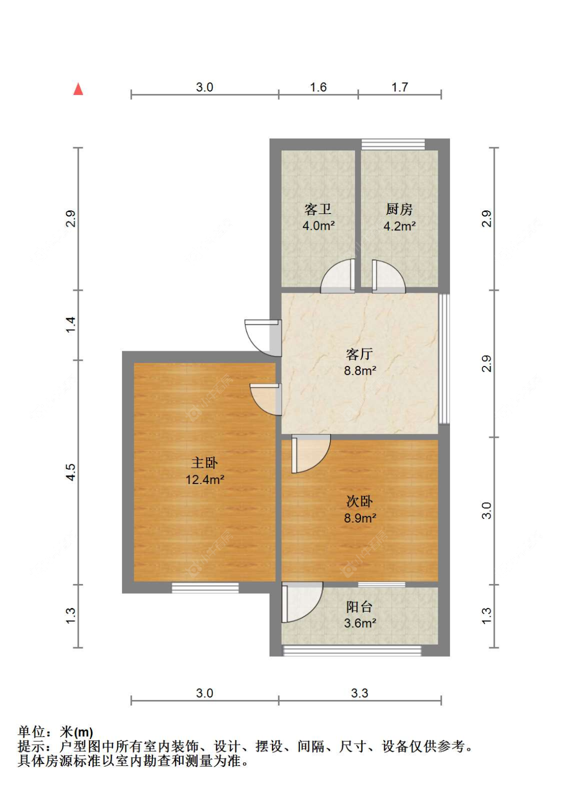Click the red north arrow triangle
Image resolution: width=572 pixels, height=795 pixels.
pos(78,89)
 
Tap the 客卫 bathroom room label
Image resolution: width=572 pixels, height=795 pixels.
pos(318,209)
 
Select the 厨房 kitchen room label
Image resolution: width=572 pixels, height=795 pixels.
pos(399,209)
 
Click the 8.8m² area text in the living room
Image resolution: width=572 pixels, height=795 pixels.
pos(359,371)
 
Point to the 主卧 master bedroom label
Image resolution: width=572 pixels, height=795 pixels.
pos(204,463)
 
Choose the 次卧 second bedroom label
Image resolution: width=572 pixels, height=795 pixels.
pos(359,502)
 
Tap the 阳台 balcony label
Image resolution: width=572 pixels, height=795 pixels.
pos(359,607)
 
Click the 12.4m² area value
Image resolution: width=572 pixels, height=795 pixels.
pos(205,480)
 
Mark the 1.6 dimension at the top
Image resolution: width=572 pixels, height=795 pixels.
pos(318,87)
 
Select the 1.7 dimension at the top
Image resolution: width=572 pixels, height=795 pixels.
pos(400,87)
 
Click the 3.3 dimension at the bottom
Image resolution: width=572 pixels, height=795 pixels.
pos(359,693)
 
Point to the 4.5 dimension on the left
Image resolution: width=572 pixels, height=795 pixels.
pos(71,472)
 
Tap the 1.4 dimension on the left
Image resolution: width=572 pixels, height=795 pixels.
pos(71,325)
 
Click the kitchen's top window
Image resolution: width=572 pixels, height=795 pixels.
pos(393,144)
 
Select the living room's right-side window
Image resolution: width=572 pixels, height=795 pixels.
pos(444,358)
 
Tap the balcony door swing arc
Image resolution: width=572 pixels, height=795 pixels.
pos(302,602)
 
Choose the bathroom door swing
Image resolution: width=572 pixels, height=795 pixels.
pos(337,276)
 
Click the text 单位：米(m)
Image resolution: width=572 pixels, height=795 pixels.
pos(55,732)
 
